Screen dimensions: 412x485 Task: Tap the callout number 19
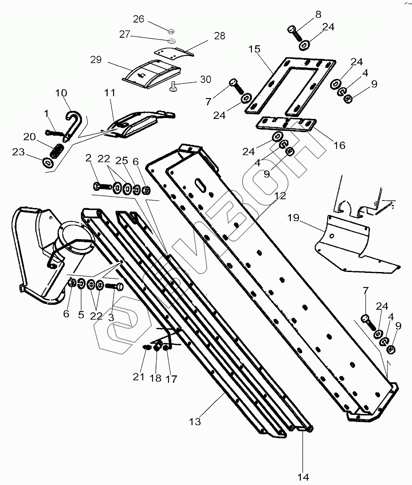(x=294, y=218)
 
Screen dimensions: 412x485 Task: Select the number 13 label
(x=195, y=421)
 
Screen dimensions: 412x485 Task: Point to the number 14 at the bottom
(x=303, y=477)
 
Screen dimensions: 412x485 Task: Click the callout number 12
(x=280, y=195)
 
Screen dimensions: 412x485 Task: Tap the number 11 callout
(x=110, y=93)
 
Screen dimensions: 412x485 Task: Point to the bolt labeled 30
(x=173, y=87)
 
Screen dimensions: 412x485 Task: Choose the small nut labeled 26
(x=171, y=31)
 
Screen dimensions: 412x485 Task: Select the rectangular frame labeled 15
(x=288, y=84)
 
